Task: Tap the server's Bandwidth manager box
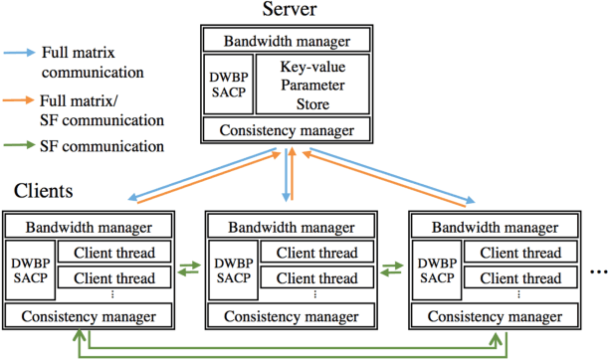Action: coord(286,41)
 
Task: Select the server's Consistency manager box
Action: coord(286,129)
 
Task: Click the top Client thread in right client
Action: coord(516,253)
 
